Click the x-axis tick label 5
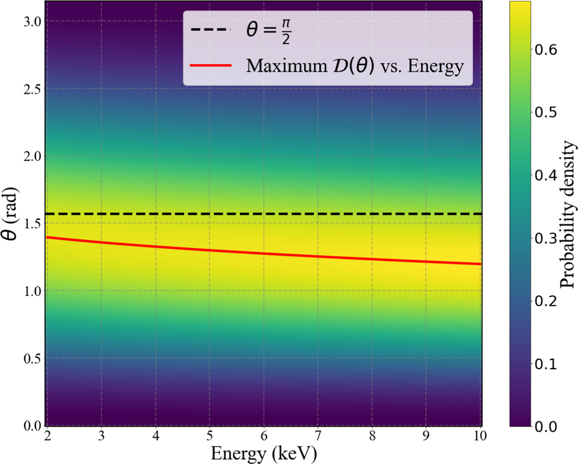209,436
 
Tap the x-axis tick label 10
480,436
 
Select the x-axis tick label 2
47,436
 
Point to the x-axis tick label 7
318,436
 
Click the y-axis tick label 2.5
32,89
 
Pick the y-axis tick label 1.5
32,223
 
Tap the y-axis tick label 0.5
32,358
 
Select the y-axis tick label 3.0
32,21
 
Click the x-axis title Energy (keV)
263,453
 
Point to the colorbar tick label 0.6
545,49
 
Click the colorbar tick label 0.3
545,238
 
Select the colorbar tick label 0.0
545,427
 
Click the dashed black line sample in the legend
211,30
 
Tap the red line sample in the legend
211,66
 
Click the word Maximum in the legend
286,66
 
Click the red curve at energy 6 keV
263,253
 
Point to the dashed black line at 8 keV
372,214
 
